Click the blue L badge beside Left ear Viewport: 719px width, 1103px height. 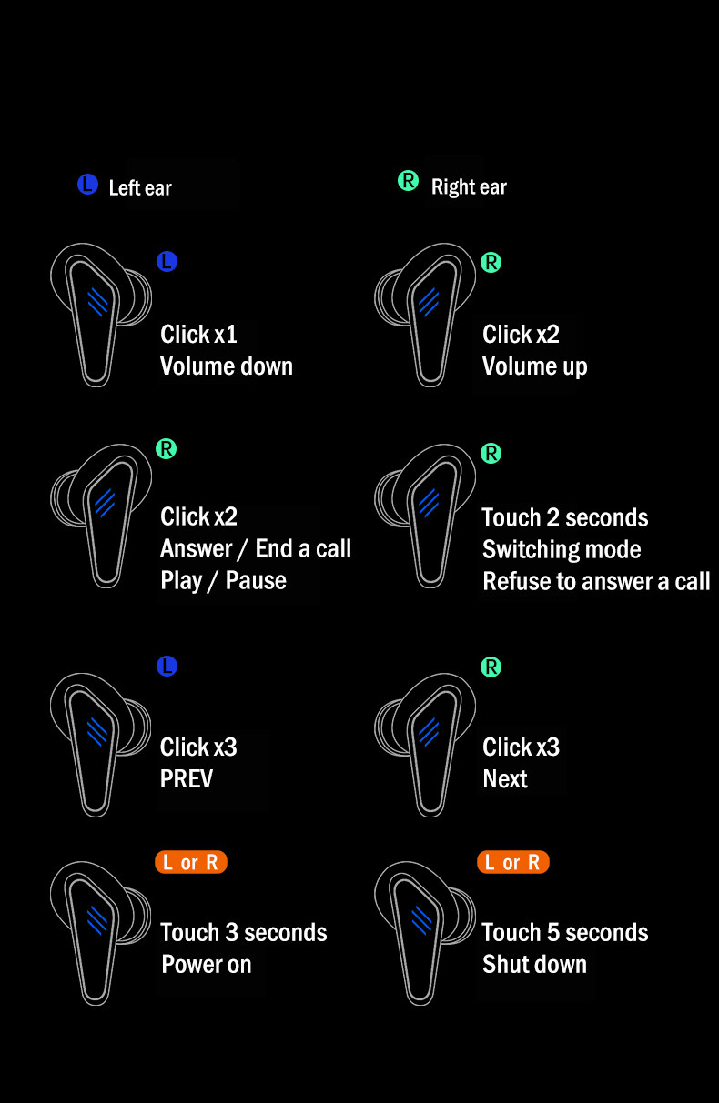[87, 186]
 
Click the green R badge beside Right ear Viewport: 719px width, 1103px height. [409, 181]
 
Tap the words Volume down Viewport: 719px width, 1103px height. [227, 366]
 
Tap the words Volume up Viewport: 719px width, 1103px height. [534, 366]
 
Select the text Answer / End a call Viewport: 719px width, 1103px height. [256, 548]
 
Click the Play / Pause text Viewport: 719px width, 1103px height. [223, 580]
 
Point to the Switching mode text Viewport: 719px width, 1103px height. [562, 549]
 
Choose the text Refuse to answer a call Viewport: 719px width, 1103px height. [596, 581]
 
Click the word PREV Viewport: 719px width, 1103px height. [187, 779]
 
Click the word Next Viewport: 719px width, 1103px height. [505, 779]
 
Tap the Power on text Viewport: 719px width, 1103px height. [207, 964]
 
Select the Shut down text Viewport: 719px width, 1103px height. [534, 964]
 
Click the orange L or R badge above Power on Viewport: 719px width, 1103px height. [190, 862]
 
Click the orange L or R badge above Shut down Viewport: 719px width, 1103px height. [512, 862]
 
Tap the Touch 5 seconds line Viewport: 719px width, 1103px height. [565, 932]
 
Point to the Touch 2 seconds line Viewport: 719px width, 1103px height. [565, 517]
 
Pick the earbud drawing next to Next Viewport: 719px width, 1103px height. [423, 741]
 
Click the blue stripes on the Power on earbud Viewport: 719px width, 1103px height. [97, 919]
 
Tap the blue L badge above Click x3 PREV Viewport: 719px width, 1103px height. [167, 666]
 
